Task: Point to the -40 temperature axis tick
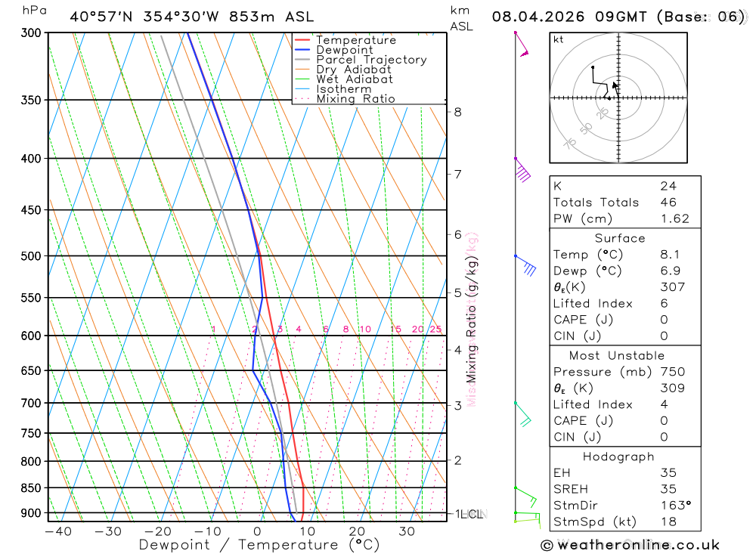point(58,531)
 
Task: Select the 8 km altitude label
point(457,113)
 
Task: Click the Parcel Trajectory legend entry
point(371,60)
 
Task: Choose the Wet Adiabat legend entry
point(355,79)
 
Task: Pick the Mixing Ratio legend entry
point(355,99)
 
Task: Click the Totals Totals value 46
point(668,203)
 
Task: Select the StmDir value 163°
point(673,506)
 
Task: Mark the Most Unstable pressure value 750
point(672,372)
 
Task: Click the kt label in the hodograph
point(559,39)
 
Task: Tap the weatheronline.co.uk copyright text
point(630,545)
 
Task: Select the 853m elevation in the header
point(255,17)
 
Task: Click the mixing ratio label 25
point(435,330)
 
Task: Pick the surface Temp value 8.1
point(668,255)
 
